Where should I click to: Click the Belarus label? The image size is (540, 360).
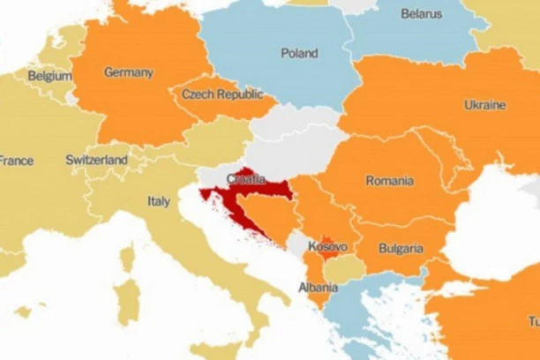tap(421, 14)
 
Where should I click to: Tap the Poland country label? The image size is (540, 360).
tap(299, 54)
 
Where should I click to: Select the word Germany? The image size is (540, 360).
tap(128, 72)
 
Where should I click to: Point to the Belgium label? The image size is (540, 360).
tap(49, 77)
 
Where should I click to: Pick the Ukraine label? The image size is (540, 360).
tap(484, 105)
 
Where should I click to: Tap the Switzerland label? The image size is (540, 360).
tap(96, 161)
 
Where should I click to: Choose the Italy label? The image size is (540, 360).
tap(159, 202)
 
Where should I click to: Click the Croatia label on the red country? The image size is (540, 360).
tap(244, 179)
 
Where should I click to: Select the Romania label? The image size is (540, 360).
tap(389, 181)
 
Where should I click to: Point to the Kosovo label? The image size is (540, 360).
tap(327, 247)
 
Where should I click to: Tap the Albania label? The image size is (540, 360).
tap(318, 288)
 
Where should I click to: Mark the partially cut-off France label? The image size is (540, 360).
tap(16, 161)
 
